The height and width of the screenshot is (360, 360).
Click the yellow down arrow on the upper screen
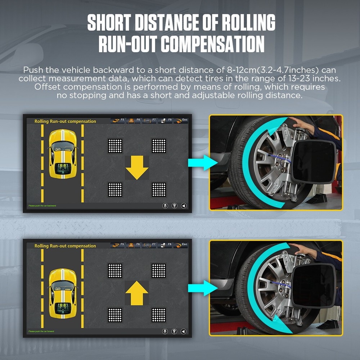tap(137, 167)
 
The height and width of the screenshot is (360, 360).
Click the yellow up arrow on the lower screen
tap(137, 292)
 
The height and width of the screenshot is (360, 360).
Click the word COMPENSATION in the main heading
tap(212, 44)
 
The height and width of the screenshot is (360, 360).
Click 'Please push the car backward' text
tap(42, 206)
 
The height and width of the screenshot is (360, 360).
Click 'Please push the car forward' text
tap(41, 331)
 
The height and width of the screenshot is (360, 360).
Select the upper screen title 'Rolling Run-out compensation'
tap(65, 121)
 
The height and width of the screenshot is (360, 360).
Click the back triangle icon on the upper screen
tap(184, 206)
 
